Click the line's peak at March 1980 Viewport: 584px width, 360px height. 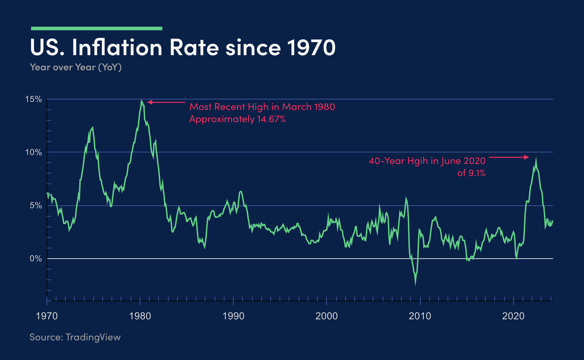coord(142,101)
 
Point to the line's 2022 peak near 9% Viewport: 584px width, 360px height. coord(536,159)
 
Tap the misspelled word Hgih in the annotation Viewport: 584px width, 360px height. coord(422,161)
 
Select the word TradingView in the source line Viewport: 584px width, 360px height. coord(93,337)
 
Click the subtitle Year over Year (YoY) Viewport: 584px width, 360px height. coord(76,67)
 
